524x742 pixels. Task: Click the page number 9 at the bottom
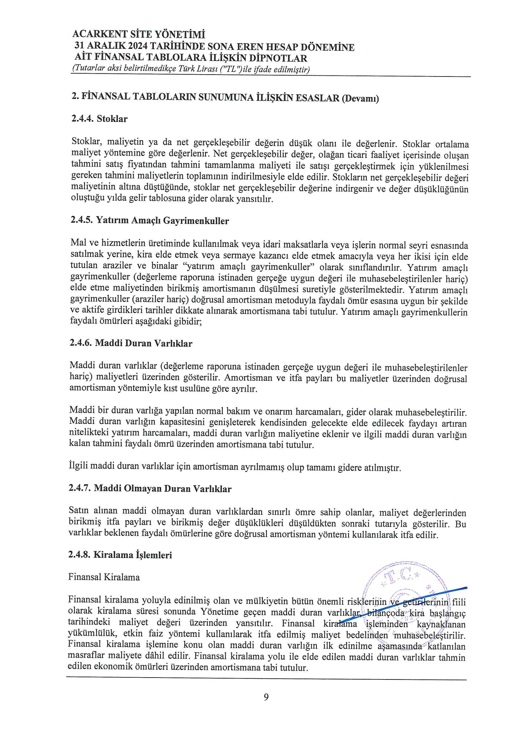266,697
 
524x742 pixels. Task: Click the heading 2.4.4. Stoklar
100,119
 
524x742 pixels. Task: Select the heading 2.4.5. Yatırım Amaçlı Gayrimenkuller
150,221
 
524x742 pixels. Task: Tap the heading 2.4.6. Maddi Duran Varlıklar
131,343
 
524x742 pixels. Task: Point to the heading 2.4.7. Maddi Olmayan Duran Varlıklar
150,489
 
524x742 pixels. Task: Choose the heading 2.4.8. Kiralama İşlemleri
120,555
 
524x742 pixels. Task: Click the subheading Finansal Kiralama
104,577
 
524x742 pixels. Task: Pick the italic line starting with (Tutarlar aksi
191,69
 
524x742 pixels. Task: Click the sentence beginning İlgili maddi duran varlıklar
235,467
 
